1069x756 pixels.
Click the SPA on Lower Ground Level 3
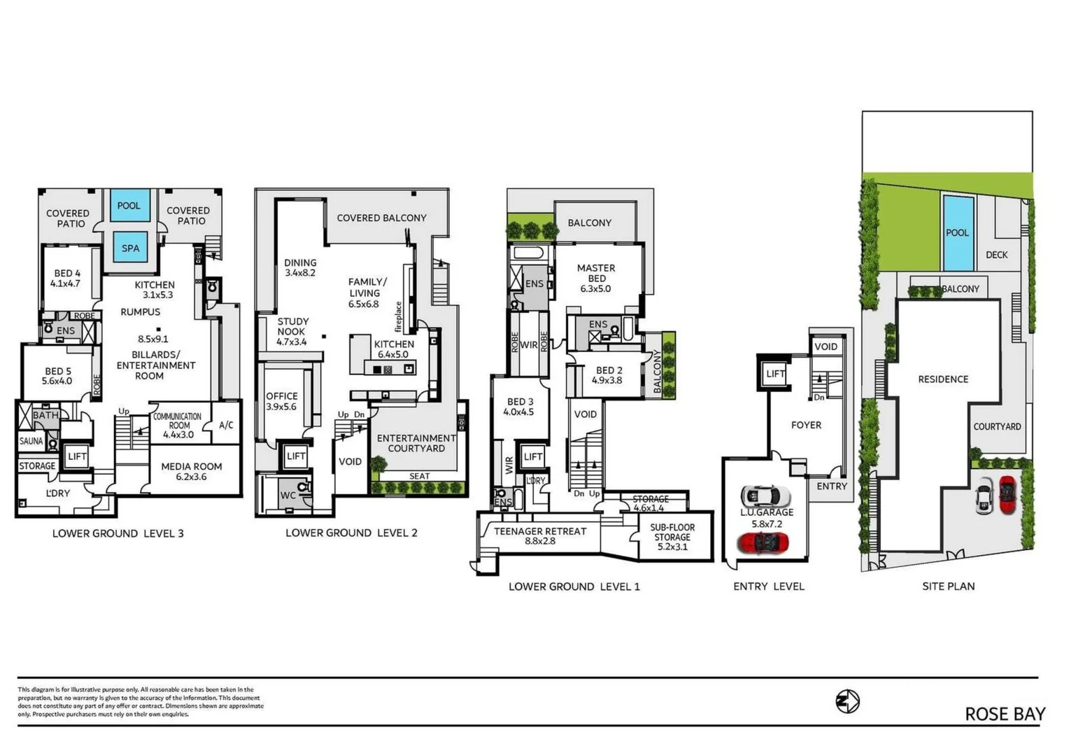click(x=130, y=248)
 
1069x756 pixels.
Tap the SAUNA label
click(x=31, y=441)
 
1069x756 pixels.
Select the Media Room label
click(x=191, y=471)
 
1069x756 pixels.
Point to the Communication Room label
click(x=178, y=425)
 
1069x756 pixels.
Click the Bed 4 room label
click(x=66, y=278)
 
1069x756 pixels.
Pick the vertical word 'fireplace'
click(x=399, y=316)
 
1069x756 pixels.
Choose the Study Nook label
click(x=292, y=331)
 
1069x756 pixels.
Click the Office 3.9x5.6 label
click(x=281, y=401)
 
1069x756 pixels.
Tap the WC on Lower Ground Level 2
click(x=288, y=495)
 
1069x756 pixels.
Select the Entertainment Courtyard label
click(x=416, y=443)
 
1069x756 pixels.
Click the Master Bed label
click(x=596, y=278)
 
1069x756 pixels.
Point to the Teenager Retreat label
click(x=540, y=535)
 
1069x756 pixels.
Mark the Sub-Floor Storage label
click(x=672, y=537)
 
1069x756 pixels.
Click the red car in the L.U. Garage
click(x=763, y=543)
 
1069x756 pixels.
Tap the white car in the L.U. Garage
click(x=765, y=496)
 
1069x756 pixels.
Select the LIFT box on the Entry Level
click(x=775, y=373)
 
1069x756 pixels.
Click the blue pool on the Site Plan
click(x=957, y=233)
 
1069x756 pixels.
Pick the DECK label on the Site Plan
click(x=996, y=255)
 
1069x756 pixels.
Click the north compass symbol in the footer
click(x=847, y=701)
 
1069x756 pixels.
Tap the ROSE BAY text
click(x=1005, y=714)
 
